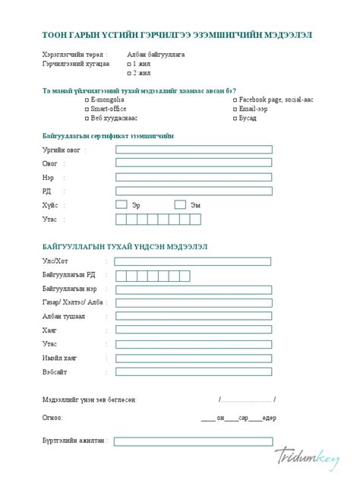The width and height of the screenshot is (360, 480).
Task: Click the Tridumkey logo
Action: click(x=307, y=456)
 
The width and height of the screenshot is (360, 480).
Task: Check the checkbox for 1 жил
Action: click(x=128, y=65)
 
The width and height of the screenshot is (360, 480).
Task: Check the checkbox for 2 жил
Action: click(x=128, y=74)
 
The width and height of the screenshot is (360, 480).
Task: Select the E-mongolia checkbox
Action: click(x=86, y=99)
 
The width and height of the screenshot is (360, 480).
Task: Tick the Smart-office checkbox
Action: click(x=86, y=109)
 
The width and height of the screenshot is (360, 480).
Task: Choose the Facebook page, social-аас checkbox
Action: click(x=235, y=99)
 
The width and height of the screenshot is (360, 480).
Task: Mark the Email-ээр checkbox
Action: click(x=235, y=109)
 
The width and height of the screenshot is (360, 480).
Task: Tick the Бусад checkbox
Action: click(x=235, y=118)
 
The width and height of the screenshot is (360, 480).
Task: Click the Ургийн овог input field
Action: click(x=194, y=150)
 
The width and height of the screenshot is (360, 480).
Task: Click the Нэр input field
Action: click(x=194, y=177)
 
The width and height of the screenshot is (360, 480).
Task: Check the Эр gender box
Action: click(x=122, y=204)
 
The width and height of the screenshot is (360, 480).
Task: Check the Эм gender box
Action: click(x=180, y=204)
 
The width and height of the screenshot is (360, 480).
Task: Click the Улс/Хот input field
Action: click(x=194, y=261)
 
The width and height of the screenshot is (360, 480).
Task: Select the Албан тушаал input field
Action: click(x=194, y=316)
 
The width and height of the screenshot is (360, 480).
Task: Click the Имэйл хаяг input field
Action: click(x=194, y=358)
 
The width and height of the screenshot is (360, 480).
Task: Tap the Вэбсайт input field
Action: click(x=194, y=371)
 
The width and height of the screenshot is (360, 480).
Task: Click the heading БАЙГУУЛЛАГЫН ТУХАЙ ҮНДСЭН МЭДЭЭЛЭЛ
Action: click(x=125, y=247)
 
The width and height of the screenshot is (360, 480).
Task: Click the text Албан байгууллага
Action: click(x=156, y=55)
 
